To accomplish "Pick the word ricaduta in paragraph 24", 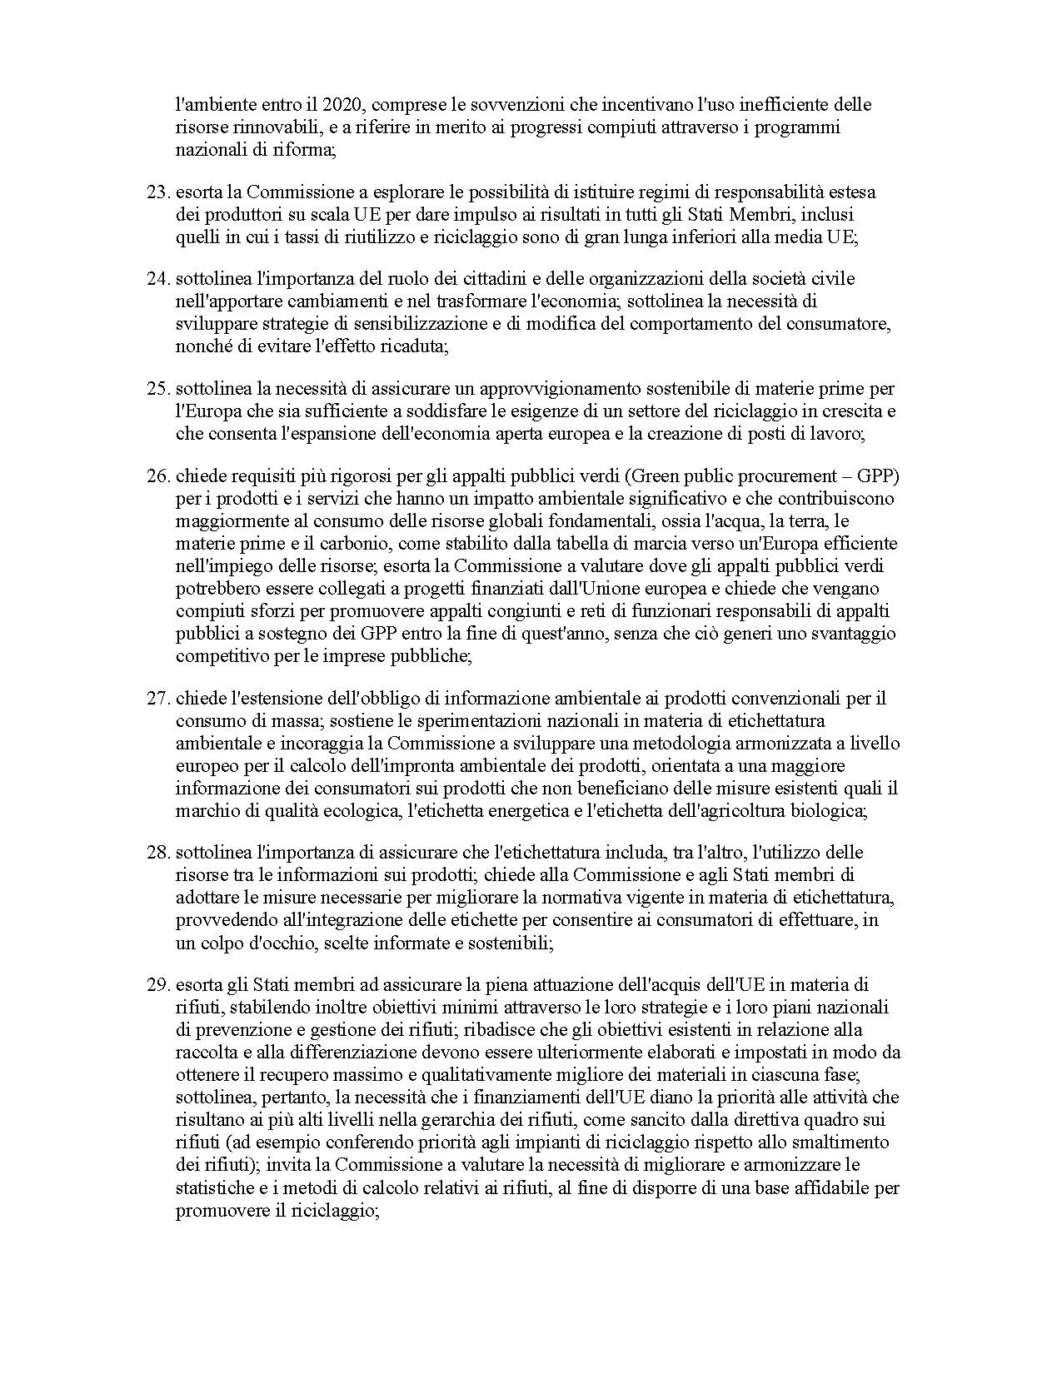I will [416, 346].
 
